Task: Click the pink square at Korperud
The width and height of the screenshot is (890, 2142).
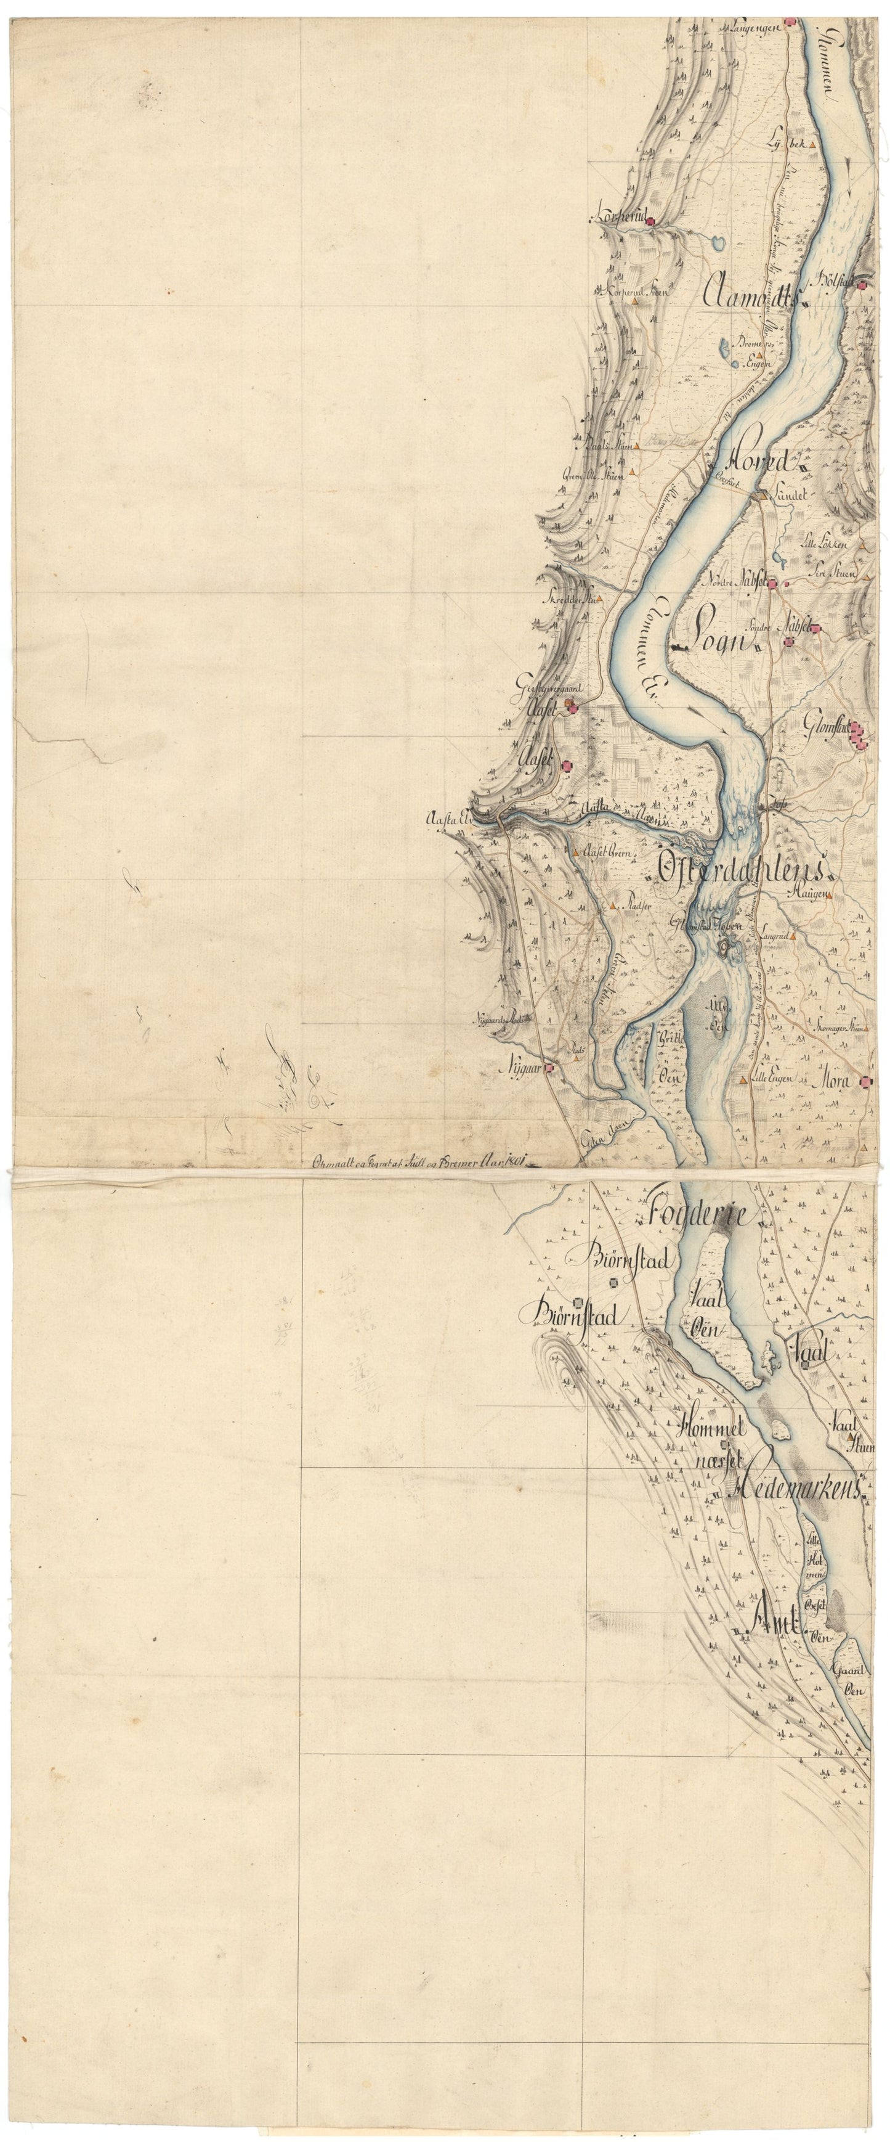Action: tap(653, 221)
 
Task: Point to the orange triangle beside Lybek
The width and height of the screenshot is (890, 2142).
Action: tap(814, 144)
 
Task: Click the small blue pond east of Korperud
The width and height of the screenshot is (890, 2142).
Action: tap(716, 243)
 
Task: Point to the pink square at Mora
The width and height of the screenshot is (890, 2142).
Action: tap(866, 1082)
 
